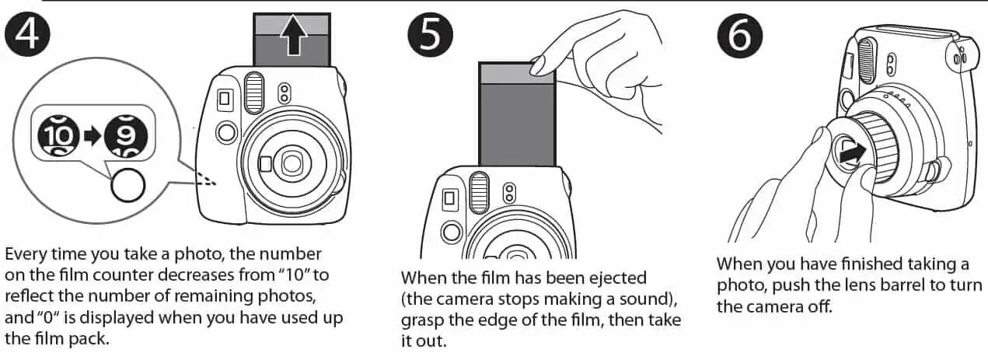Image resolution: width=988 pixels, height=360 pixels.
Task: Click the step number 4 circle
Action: (27, 34)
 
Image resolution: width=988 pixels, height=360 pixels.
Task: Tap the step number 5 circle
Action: (430, 34)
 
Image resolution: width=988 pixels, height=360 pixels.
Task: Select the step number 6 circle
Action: (740, 36)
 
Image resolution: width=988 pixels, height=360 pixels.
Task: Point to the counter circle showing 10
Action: (58, 135)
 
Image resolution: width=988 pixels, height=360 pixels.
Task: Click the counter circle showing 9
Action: (126, 135)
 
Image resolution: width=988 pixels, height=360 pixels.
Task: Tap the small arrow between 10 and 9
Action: (93, 136)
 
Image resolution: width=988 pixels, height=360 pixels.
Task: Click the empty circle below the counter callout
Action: (128, 185)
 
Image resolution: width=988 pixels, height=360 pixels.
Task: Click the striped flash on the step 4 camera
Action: (254, 93)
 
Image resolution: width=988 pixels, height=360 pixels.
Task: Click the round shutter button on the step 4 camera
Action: (227, 132)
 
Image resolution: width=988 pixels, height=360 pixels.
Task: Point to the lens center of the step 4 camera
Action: (291, 163)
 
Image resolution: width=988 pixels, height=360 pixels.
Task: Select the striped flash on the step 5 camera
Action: (479, 194)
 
